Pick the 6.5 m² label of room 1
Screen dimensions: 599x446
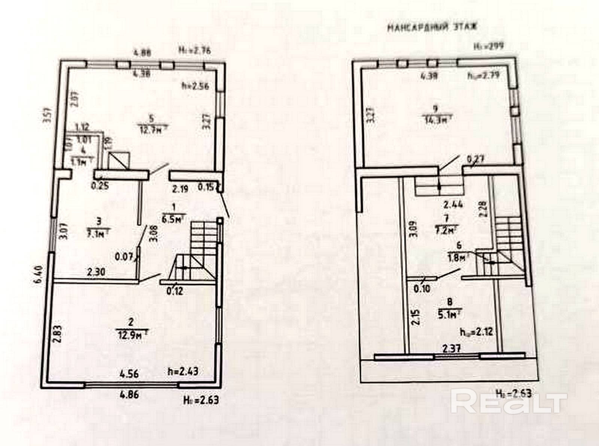173,219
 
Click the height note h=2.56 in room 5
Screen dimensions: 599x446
195,85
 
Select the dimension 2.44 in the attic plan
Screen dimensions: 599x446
453,204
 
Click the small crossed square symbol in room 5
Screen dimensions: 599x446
119,160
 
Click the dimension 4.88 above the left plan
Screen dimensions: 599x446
143,53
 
